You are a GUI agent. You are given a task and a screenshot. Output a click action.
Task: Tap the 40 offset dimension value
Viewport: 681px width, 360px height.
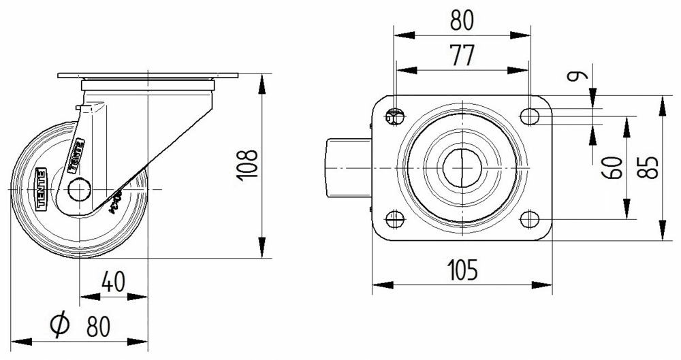pyautogui.click(x=114, y=281)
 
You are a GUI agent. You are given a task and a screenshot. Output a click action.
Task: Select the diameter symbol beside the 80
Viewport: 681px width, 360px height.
pyautogui.click(x=60, y=326)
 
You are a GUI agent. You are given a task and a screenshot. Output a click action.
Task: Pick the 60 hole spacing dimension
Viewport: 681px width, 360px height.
pyautogui.click(x=614, y=167)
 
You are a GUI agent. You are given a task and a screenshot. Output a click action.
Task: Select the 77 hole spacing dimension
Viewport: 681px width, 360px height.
pyautogui.click(x=462, y=55)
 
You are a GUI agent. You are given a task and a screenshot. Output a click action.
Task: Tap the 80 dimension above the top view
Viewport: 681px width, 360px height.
pyautogui.click(x=462, y=20)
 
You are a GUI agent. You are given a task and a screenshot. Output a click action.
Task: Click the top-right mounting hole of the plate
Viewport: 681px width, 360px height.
pyautogui.click(x=529, y=116)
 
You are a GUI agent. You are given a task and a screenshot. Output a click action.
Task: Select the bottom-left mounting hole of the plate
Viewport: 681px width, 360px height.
pyautogui.click(x=394, y=219)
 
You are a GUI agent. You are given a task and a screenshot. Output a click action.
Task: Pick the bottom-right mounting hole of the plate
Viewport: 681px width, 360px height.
pyautogui.click(x=529, y=219)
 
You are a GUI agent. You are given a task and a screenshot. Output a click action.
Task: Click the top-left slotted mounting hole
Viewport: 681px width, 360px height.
pyautogui.click(x=394, y=116)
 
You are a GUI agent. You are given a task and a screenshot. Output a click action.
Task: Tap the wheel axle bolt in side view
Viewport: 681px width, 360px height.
pyautogui.click(x=80, y=189)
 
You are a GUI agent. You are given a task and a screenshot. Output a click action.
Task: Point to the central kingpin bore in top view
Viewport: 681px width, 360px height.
pyautogui.click(x=462, y=167)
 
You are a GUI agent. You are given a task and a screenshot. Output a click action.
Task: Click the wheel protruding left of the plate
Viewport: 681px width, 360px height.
pyautogui.click(x=347, y=167)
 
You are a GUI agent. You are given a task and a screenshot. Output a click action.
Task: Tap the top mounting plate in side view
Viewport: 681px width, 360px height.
pyautogui.click(x=148, y=76)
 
